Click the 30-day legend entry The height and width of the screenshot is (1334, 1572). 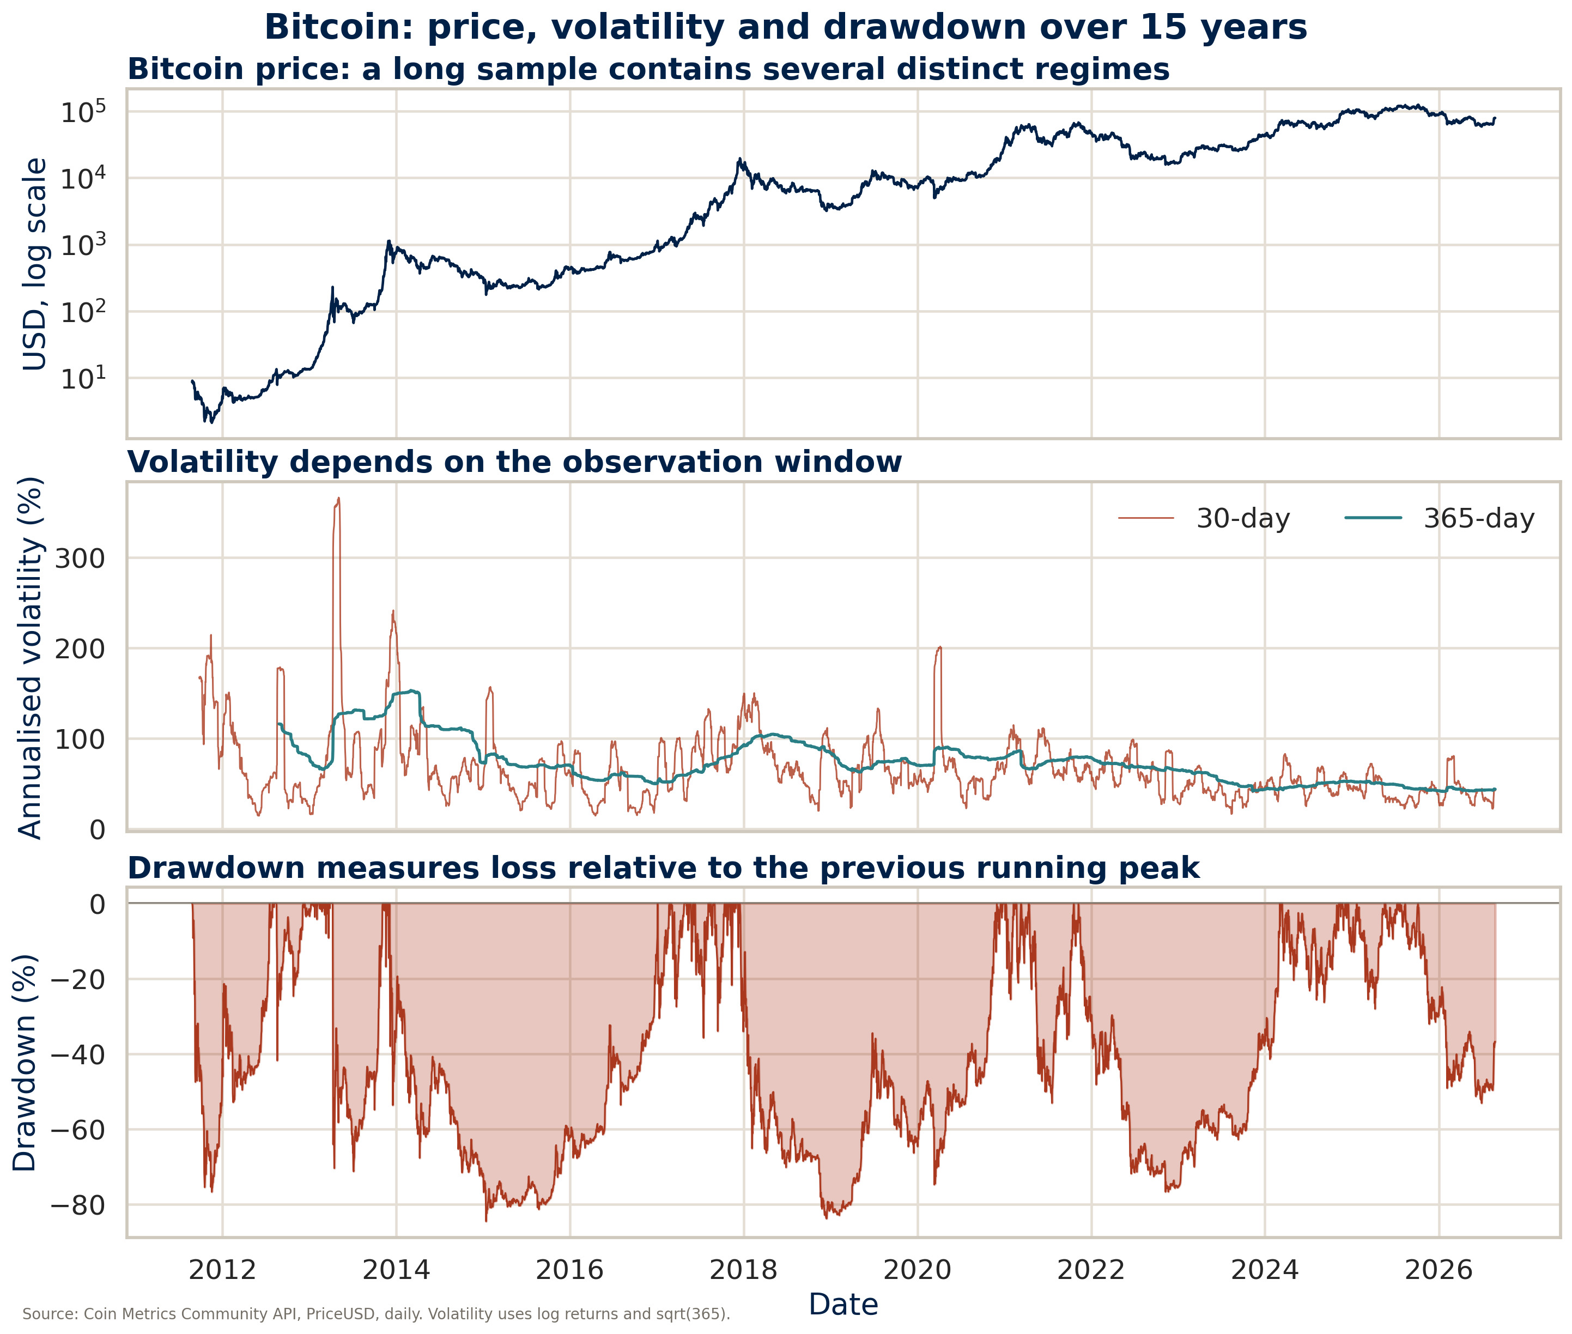click(1204, 518)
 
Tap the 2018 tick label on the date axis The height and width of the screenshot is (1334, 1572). click(743, 1270)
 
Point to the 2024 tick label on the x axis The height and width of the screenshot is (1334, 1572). click(1264, 1270)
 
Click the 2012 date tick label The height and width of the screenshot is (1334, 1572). click(222, 1270)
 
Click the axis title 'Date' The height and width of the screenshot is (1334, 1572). click(843, 1305)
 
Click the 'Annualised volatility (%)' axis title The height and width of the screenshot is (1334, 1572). click(31, 657)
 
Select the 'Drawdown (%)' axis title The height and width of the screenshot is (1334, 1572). click(25, 1063)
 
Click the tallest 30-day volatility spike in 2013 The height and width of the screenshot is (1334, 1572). click(338, 499)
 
